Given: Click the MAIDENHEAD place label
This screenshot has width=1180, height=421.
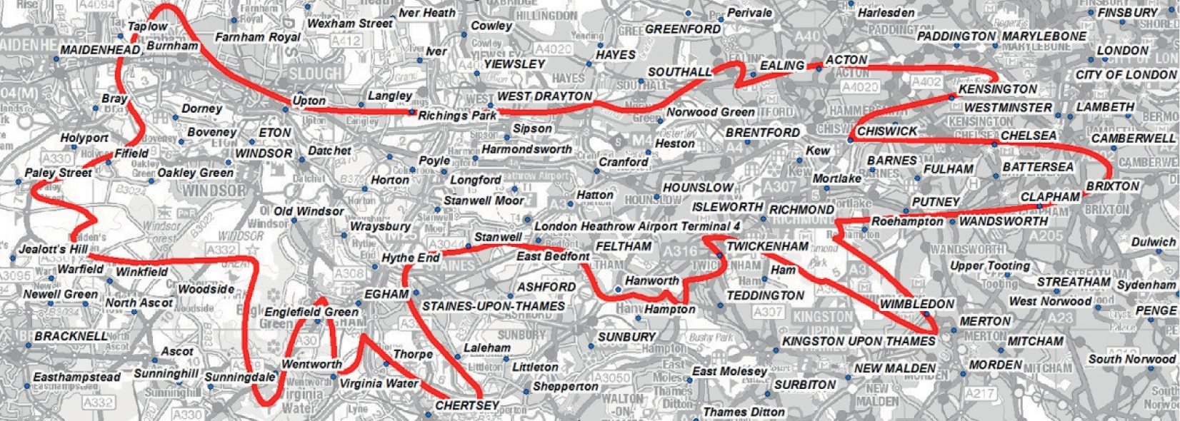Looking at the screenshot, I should (100, 51).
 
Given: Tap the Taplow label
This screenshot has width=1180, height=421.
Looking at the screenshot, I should (147, 26).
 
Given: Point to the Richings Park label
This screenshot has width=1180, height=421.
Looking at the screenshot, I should (457, 116).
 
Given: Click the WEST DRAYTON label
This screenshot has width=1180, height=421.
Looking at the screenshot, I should (544, 96).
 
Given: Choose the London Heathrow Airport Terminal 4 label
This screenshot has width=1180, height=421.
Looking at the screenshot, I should (637, 226).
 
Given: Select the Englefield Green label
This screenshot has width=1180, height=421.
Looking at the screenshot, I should (311, 312).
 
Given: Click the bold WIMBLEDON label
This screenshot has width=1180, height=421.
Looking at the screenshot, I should (916, 304).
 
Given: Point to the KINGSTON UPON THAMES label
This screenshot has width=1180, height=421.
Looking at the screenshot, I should (859, 341).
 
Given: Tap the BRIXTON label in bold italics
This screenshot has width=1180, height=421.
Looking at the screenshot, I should (1112, 186).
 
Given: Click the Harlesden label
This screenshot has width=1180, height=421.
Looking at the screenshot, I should (886, 13).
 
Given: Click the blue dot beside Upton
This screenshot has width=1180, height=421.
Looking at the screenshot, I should (286, 110).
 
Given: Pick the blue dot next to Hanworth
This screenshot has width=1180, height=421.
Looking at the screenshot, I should (618, 289).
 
